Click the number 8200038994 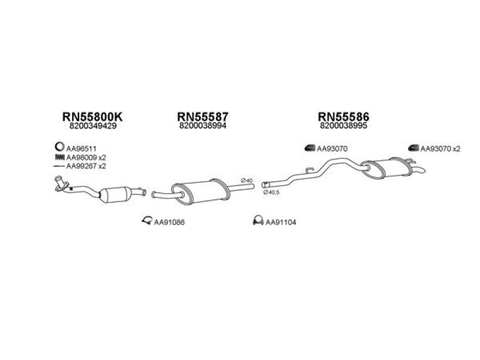tap(202, 127)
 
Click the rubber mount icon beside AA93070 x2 tap(413, 148)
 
